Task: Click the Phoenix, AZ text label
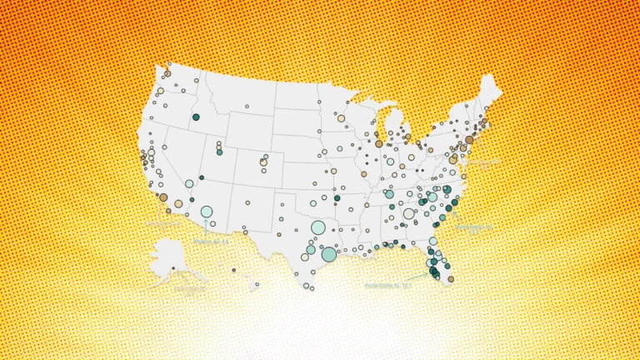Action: point(210,242)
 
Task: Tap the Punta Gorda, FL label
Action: point(387,285)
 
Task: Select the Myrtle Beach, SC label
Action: point(474,227)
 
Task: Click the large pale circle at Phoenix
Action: point(206,212)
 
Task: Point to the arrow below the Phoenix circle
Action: point(206,227)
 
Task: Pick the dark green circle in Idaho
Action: point(196,117)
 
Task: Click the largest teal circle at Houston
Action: point(329,254)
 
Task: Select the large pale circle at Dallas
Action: point(317,227)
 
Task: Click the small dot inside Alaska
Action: point(173,267)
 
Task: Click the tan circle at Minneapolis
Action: point(341,118)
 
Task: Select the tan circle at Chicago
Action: point(378,144)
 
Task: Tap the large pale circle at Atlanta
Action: point(409,213)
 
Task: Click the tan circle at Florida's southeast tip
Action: point(451,279)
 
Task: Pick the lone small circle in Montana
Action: point(247,107)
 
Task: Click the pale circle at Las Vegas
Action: point(189,183)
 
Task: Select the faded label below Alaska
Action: point(190,291)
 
